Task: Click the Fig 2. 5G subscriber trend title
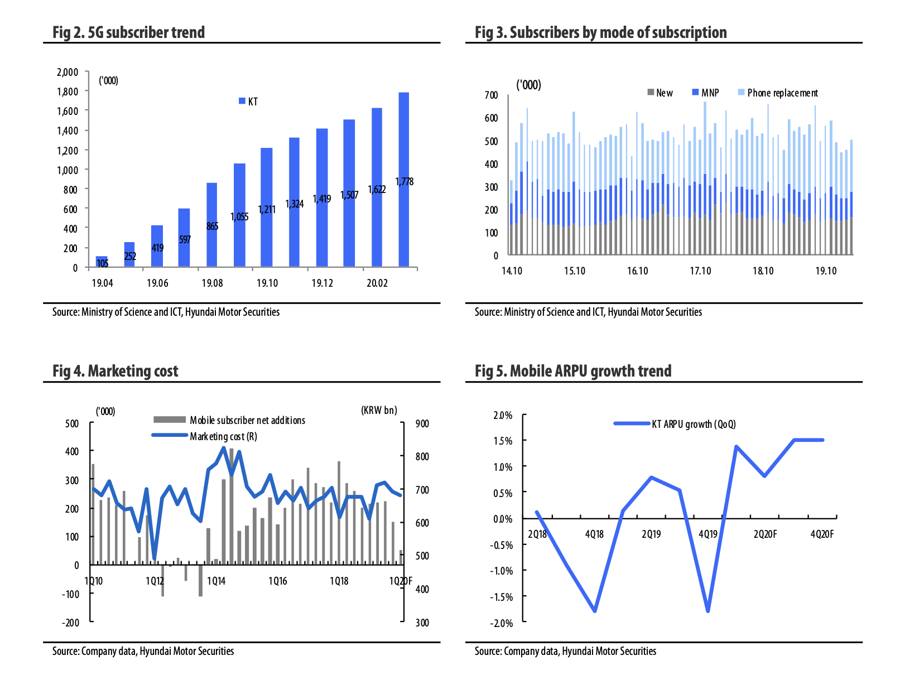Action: tap(128, 32)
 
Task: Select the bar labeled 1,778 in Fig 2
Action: tap(403, 179)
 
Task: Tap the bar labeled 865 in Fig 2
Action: tap(211, 225)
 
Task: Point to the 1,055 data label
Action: tap(239, 217)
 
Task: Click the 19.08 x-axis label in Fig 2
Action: tap(212, 283)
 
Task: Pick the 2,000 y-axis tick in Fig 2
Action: tap(67, 72)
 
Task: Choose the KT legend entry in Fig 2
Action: tap(248, 102)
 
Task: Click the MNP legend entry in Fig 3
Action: tap(705, 93)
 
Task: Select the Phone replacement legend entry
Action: tap(778, 93)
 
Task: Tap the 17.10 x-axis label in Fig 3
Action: tap(700, 271)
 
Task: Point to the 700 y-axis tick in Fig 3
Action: tap(491, 95)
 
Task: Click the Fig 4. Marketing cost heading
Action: tap(115, 371)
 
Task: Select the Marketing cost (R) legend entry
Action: tap(205, 436)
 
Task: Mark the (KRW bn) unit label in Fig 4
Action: tap(379, 410)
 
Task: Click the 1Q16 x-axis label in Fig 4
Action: tap(277, 581)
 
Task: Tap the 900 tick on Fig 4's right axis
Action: tap(422, 423)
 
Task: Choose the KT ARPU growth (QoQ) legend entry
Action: tap(675, 424)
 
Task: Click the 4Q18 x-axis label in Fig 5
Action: tap(594, 534)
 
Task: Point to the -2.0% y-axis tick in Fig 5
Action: tap(501, 623)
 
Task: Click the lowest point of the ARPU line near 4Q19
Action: tap(708, 611)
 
